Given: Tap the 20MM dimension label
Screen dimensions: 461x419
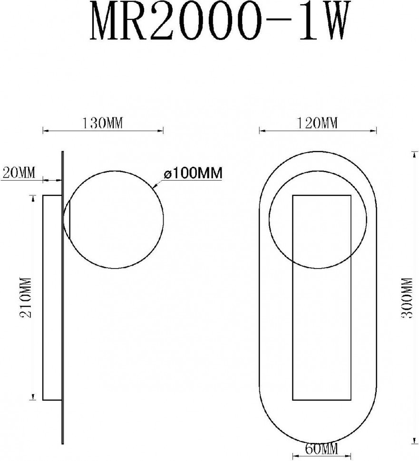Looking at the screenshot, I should click(19, 173).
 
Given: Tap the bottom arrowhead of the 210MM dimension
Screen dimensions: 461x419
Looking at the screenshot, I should click(33, 397).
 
